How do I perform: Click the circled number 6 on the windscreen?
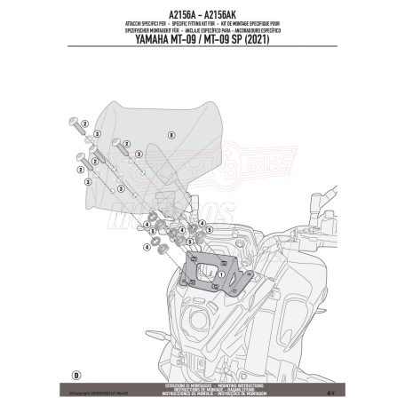tap(168, 133)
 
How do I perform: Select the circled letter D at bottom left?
tap(77, 373)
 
